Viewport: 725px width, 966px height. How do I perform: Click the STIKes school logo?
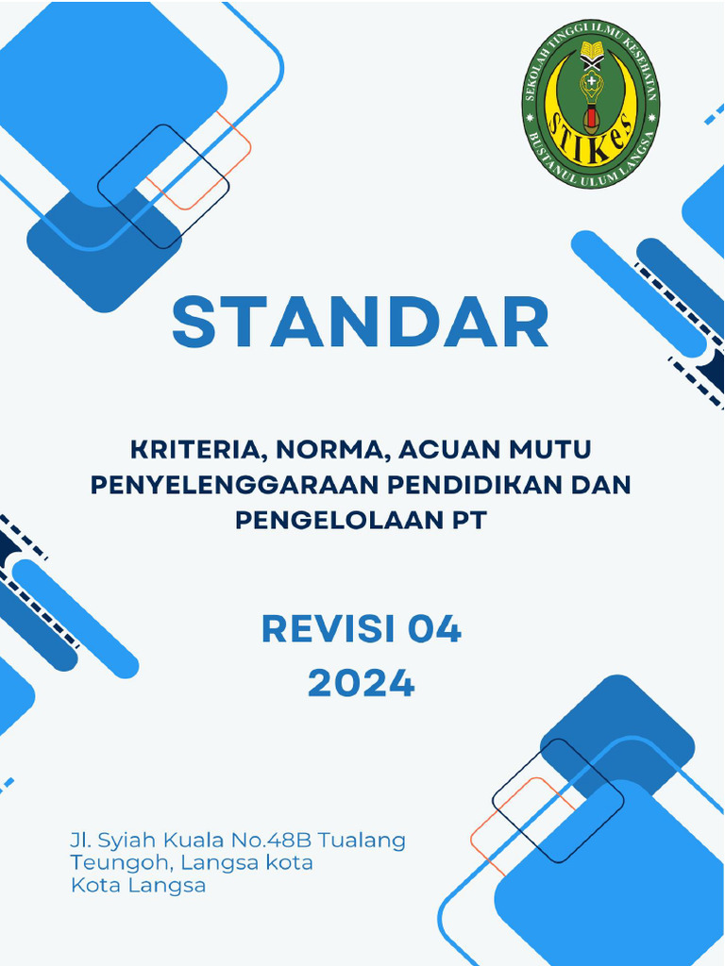pos(591,104)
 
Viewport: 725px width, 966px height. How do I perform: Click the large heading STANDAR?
pos(361,322)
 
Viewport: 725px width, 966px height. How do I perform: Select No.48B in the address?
pos(278,840)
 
